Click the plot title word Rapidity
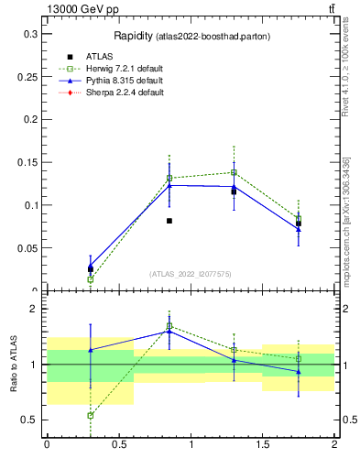point(133,36)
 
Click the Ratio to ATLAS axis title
point(13,364)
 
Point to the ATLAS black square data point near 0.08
point(169,221)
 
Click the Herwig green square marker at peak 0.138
point(234,172)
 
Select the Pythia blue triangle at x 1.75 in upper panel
point(299,229)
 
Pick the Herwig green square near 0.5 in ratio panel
point(90,415)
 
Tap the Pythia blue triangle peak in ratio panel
point(169,331)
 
